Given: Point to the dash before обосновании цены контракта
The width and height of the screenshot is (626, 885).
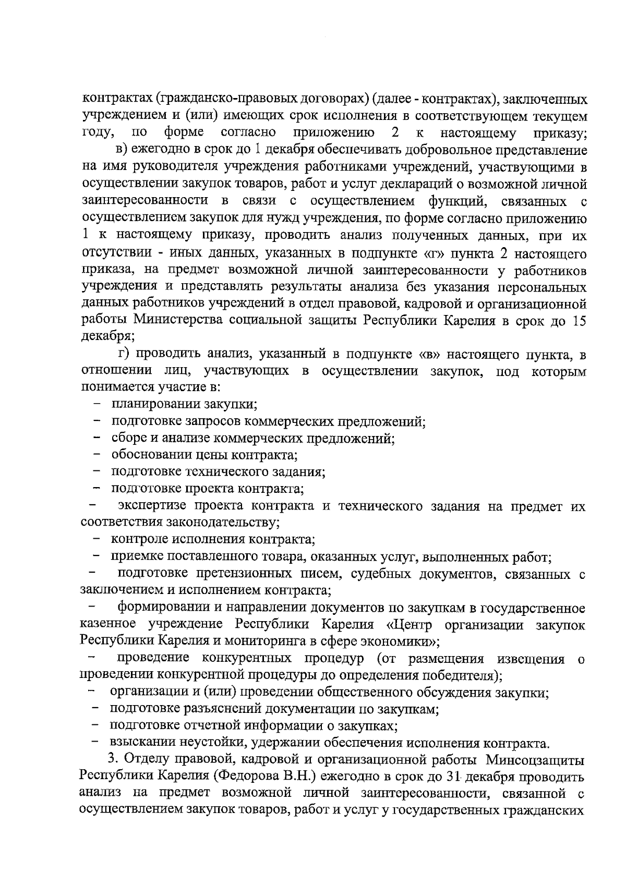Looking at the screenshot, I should point(97,455).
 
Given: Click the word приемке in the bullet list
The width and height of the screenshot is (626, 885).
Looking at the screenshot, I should point(133,556).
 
